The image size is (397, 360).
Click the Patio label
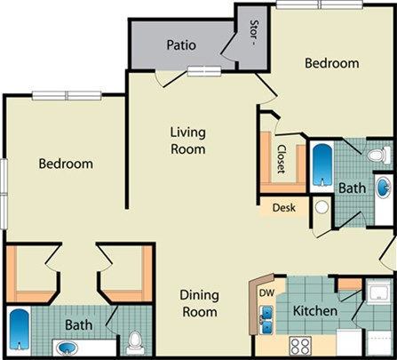(181, 44)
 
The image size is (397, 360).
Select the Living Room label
(188, 140)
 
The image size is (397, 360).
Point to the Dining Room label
(200, 303)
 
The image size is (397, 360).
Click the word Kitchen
(315, 311)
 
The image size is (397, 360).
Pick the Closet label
(282, 159)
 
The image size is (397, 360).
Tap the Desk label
(283, 209)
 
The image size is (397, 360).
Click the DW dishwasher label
(265, 292)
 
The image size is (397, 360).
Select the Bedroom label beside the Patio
(332, 63)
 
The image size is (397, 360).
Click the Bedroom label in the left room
(66, 164)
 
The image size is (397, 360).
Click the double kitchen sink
(266, 315)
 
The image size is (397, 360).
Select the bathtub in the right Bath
(322, 164)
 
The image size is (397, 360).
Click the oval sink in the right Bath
(383, 188)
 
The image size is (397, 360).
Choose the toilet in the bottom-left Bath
(134, 341)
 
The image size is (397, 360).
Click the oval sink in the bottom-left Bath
(67, 347)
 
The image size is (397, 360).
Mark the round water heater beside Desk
(321, 207)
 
